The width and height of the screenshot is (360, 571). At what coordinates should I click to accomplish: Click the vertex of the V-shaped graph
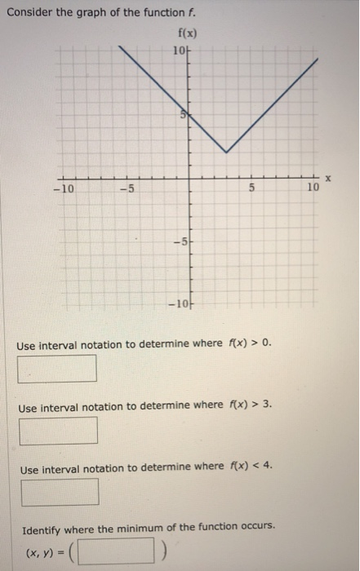coord(226,152)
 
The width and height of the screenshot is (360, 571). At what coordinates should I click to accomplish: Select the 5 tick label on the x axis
coord(252,189)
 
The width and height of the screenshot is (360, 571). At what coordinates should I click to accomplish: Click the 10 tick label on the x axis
coord(313,189)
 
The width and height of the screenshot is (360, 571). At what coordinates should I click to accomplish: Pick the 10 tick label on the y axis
coord(180,51)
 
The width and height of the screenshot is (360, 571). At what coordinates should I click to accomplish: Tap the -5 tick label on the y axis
coord(180,241)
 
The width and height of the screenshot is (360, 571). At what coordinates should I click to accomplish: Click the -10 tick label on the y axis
coord(177,305)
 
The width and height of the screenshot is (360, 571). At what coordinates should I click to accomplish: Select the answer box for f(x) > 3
coord(59,430)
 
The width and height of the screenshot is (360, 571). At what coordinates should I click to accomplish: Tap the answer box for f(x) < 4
coord(60,491)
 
